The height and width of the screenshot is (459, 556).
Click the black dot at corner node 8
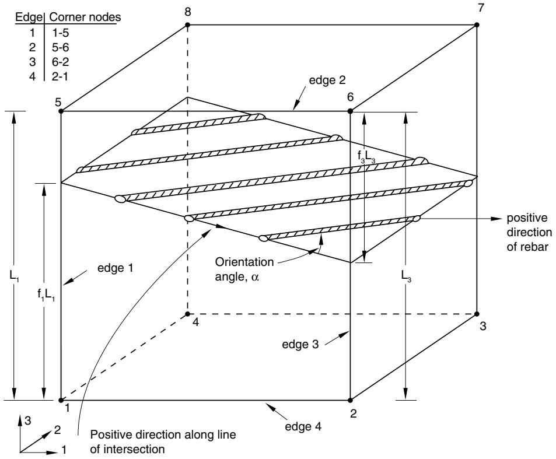188,25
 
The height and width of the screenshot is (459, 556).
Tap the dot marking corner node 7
477,25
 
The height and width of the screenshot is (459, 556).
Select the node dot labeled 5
61,111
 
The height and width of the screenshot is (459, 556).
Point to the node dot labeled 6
350,111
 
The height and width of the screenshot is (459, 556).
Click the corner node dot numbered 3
477,314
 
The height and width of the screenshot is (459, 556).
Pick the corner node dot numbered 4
188,314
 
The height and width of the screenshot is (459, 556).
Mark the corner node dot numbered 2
350,400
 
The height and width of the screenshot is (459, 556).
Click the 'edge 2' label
327,80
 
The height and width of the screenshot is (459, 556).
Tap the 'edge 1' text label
116,268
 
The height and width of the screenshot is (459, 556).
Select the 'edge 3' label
300,344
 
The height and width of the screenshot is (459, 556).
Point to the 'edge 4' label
303,426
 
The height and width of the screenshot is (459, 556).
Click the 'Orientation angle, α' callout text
244,269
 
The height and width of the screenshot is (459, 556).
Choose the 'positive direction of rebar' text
529,232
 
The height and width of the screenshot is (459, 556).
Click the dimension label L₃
407,276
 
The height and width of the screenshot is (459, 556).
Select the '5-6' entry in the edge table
60,47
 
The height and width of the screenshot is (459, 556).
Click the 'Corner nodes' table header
85,17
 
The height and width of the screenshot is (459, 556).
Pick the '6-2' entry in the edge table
60,62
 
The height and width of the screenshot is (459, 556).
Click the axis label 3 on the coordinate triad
27,421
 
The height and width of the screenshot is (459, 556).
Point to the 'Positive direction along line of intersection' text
163,442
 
